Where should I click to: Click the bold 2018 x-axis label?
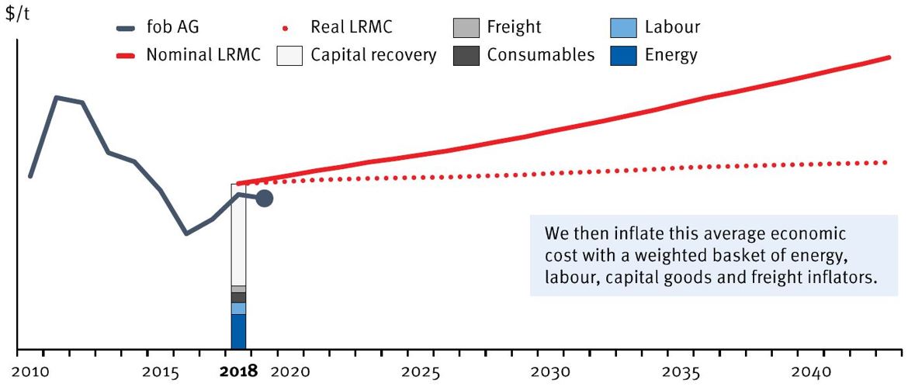[238, 371]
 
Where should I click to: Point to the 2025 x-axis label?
[424, 371]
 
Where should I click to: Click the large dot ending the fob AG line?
[264, 199]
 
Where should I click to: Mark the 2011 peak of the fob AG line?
[56, 98]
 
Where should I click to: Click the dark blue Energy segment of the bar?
[238, 331]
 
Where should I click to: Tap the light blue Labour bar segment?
[238, 308]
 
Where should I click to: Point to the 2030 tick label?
[552, 371]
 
